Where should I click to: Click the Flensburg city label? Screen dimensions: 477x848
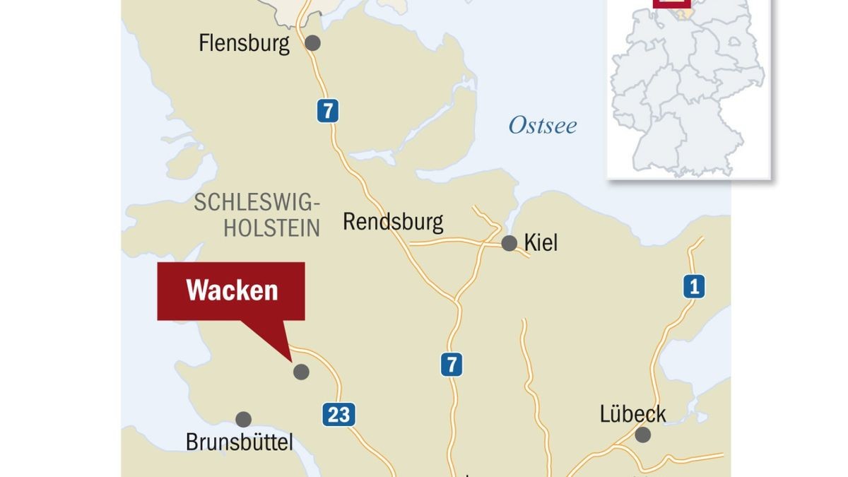(x=244, y=44)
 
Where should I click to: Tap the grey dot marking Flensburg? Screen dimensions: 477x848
(x=312, y=43)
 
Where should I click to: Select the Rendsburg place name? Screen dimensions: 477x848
(x=393, y=221)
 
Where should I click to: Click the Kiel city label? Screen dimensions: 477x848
(x=541, y=243)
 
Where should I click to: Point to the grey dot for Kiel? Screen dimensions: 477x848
(x=509, y=244)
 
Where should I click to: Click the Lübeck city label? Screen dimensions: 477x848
(x=632, y=413)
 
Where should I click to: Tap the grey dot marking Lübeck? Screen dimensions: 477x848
(x=642, y=435)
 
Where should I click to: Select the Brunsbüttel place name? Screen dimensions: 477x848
(x=239, y=442)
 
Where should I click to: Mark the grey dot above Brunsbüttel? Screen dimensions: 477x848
(x=243, y=419)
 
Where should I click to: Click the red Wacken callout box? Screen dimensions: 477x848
(x=231, y=291)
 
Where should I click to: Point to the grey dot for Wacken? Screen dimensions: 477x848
(x=301, y=372)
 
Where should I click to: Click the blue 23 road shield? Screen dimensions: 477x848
(x=339, y=414)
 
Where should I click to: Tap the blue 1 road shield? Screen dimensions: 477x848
(x=694, y=287)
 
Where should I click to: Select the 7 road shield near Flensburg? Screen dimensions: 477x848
(x=327, y=111)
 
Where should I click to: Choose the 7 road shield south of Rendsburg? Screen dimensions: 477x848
(x=452, y=365)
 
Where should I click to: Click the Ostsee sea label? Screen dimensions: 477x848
(x=543, y=126)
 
